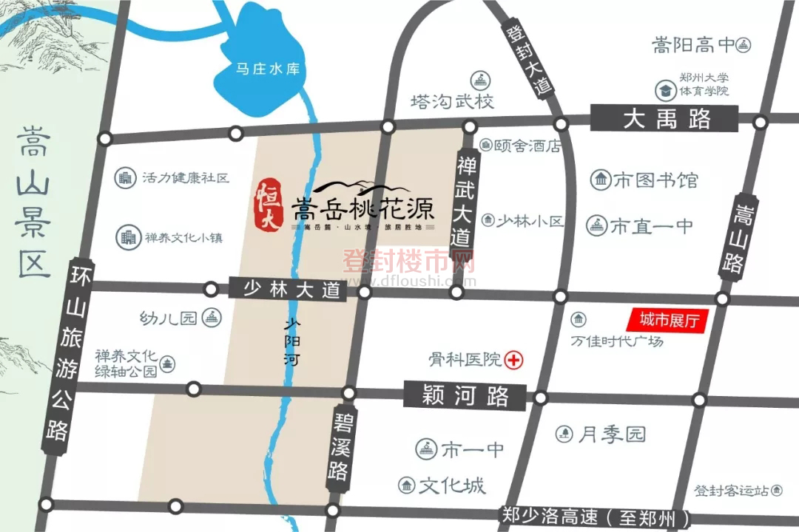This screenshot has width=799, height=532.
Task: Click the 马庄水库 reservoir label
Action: point(267,69)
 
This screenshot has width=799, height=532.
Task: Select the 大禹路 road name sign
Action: point(664,118)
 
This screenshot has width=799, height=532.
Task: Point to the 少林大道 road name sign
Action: point(288,288)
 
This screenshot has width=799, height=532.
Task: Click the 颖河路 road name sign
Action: point(465,396)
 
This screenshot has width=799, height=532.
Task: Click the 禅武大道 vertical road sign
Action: point(464,205)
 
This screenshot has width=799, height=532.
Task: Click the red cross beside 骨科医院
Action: point(513,360)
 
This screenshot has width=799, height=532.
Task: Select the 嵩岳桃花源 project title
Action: point(363,207)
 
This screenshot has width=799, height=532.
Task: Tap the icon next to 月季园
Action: point(565,434)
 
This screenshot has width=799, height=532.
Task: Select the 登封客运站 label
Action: point(731,490)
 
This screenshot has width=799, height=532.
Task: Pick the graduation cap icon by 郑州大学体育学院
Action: point(664,90)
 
